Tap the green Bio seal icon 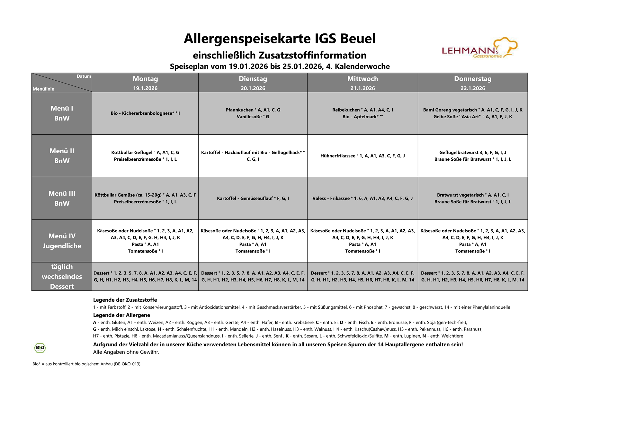click(x=40, y=348)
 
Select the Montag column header click(x=145, y=79)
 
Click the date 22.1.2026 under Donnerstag click(x=472, y=88)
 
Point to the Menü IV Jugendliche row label click(x=62, y=241)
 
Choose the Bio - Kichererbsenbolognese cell click(x=145, y=113)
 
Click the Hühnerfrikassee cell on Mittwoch click(x=362, y=156)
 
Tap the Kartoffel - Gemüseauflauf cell click(x=253, y=199)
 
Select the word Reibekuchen click(x=346, y=110)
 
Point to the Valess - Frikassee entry click(x=362, y=199)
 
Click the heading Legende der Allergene click(x=121, y=315)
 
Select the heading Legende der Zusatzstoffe click(x=125, y=300)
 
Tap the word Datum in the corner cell click(x=84, y=76)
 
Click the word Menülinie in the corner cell click(x=43, y=89)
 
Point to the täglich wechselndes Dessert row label click(x=62, y=277)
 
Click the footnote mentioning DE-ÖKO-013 click(x=86, y=364)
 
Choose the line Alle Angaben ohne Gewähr click(x=126, y=352)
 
